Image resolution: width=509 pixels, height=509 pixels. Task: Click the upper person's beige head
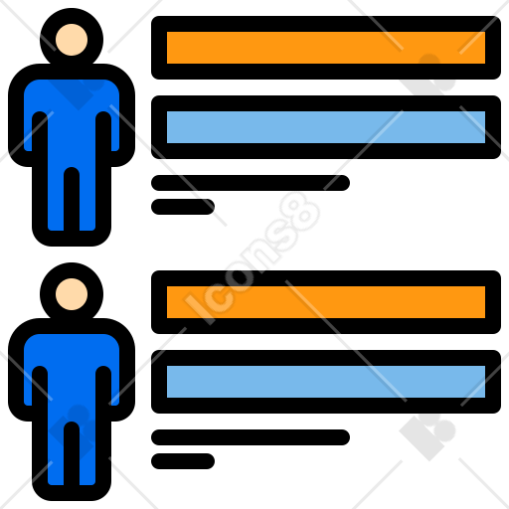[x=72, y=40]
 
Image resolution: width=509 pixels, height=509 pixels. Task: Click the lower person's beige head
[x=72, y=294]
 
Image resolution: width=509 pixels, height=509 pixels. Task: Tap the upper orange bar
[x=326, y=48]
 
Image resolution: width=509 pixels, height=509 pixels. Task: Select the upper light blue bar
[x=326, y=127]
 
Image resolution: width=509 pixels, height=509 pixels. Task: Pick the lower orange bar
[x=326, y=302]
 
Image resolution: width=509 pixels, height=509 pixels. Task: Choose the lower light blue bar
[x=326, y=382]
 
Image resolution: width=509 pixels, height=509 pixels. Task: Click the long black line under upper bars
[x=251, y=183]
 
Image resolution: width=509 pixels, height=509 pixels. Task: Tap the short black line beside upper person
[x=183, y=207]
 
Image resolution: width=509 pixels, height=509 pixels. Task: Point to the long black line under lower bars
[x=251, y=437]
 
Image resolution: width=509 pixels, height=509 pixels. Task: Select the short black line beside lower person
[x=183, y=461]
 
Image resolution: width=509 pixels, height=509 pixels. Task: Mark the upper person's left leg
[x=56, y=199]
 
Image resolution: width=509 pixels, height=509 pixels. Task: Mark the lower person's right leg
[x=87, y=453]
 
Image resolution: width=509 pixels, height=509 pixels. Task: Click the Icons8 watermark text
[x=252, y=258]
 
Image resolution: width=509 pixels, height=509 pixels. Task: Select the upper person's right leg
[x=87, y=199]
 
